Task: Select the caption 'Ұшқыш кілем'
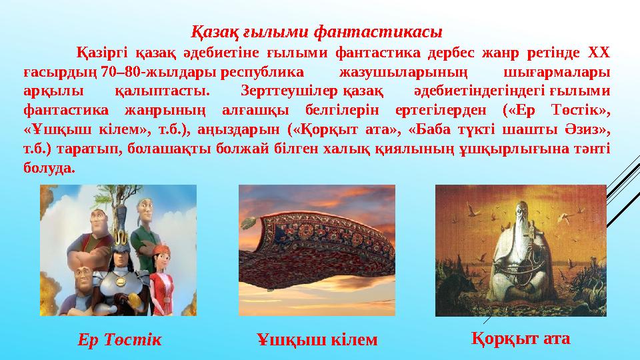pyautogui.click(x=317, y=340)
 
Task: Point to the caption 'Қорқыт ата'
pyautogui.click(x=521, y=338)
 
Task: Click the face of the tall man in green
pyautogui.click(x=149, y=213)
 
